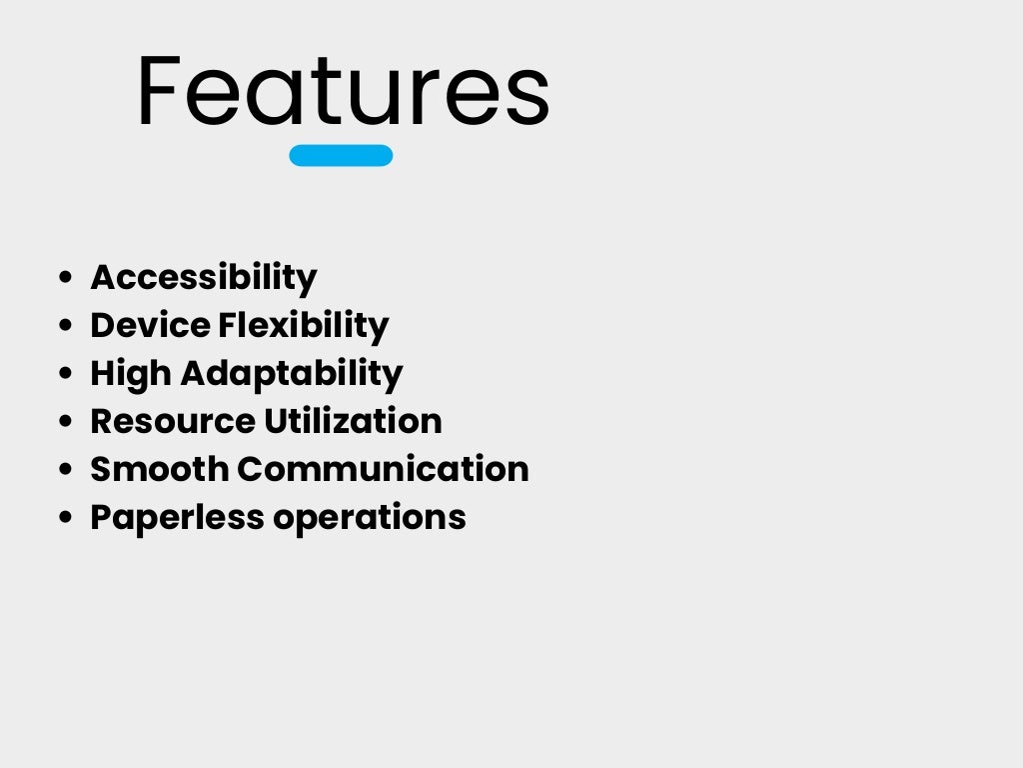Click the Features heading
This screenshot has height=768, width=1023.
(343, 92)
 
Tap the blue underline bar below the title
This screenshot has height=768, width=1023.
(341, 155)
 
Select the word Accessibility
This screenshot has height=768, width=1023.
(204, 277)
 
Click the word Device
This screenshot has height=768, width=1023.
(151, 325)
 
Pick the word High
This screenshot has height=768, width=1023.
(131, 373)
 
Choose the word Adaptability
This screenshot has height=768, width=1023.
(292, 373)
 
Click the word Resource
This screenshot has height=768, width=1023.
(173, 421)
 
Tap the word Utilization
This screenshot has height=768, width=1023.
(353, 421)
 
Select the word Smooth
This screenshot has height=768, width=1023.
(160, 469)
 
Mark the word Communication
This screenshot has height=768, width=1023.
(384, 469)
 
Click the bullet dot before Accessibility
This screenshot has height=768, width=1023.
(66, 278)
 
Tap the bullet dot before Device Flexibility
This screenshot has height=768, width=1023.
(66, 326)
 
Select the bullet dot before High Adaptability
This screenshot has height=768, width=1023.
(66, 374)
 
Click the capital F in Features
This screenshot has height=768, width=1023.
(160, 92)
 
